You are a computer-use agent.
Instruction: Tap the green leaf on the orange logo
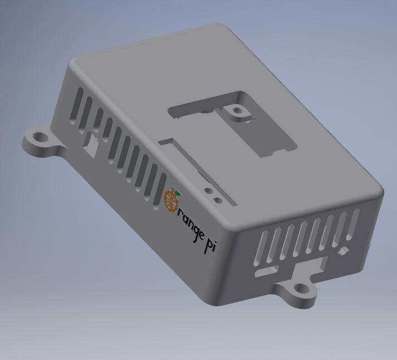[x=177, y=192]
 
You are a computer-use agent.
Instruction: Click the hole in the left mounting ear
[x=39, y=137]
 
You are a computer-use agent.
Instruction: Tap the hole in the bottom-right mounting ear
[x=301, y=289]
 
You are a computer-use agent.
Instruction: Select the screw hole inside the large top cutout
[x=238, y=111]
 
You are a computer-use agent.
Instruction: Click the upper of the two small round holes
[x=209, y=190]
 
